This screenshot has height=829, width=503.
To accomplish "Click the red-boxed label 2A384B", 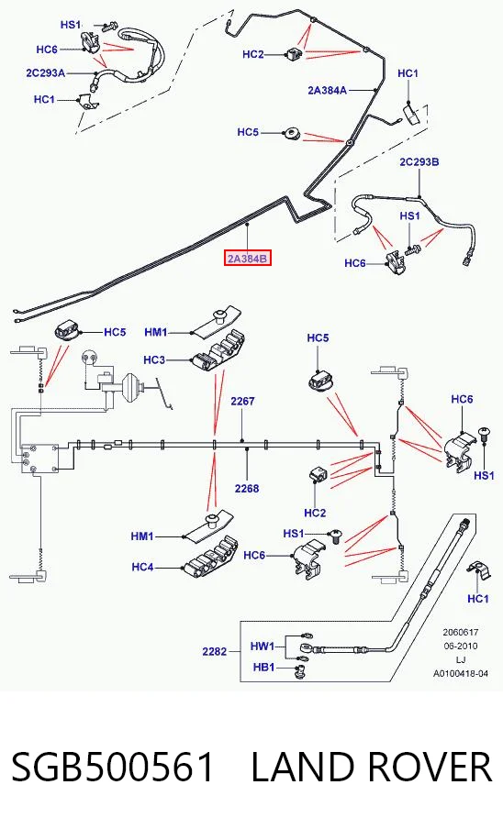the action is tap(248, 259).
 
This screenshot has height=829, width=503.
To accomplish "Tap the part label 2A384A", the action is tap(327, 91).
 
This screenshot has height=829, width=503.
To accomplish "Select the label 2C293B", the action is tap(419, 162).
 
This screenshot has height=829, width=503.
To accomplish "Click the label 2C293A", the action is tap(46, 73).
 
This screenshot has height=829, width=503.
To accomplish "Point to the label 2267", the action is tap(242, 402).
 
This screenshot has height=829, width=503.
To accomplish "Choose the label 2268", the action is tap(247, 488).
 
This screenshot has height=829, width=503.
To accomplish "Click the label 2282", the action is tap(214, 651).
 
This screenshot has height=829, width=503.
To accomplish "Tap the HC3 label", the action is tap(154, 360).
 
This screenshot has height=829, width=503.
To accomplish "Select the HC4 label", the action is tap(142, 568).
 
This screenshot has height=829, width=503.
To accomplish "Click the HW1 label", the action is tap(263, 647).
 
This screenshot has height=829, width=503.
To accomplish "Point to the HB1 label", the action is tap(263, 668).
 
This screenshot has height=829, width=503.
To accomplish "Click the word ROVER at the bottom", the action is tap(430, 768).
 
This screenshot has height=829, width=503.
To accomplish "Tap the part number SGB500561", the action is tap(113, 768).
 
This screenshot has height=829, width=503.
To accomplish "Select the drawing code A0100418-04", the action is tap(461, 673).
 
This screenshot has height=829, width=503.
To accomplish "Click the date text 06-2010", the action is tap(461, 646).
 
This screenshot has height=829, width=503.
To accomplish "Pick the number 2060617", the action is tap(461, 632).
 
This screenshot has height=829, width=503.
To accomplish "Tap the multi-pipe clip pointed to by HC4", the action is tap(211, 558).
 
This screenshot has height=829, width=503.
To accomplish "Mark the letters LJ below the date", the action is tap(461, 660).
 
